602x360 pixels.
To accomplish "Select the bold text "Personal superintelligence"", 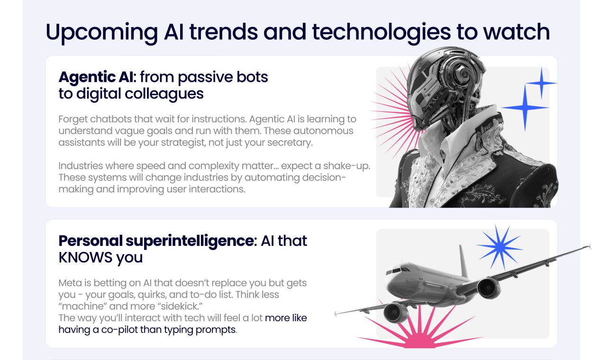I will point(155,241).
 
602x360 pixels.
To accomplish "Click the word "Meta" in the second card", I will point(70,283).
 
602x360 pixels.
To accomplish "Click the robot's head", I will point(441,85).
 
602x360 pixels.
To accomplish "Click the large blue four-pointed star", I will point(524,108).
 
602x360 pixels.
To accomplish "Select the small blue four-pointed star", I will point(541,83).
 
